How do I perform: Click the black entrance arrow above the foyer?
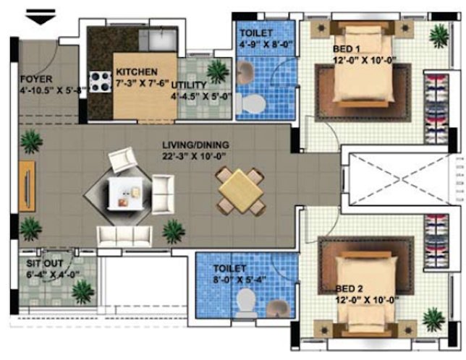(41, 17)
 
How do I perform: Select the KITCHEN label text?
(136, 72)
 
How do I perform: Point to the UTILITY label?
(190, 85)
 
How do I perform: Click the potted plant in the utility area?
(216, 71)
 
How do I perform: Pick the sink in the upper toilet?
(246, 72)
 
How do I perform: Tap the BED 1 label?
(346, 48)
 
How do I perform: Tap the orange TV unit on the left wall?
(27, 186)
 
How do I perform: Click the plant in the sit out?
(82, 292)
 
